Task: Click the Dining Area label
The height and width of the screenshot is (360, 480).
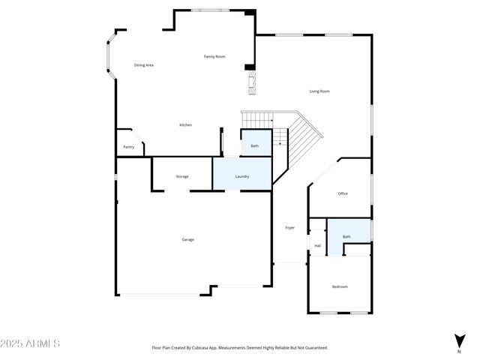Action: pyautogui.click(x=144, y=65)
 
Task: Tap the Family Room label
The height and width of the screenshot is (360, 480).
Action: pyautogui.click(x=215, y=57)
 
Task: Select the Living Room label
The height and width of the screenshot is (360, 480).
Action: pyautogui.click(x=319, y=91)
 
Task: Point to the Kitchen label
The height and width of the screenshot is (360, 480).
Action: pyautogui.click(x=185, y=124)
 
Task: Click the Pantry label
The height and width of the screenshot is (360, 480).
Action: pyautogui.click(x=129, y=147)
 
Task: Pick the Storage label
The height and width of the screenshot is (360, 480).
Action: pyautogui.click(x=182, y=176)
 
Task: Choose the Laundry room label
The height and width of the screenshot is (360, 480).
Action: pyautogui.click(x=242, y=176)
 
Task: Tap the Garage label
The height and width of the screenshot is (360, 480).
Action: pyautogui.click(x=187, y=239)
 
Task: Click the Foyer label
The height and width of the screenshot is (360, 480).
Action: pyautogui.click(x=289, y=227)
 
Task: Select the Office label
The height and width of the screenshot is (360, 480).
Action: pyautogui.click(x=343, y=193)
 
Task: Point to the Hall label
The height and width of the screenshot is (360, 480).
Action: pyautogui.click(x=317, y=245)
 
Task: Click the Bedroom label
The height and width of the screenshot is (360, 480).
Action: pyautogui.click(x=340, y=286)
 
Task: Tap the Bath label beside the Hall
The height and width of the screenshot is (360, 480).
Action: pyautogui.click(x=346, y=237)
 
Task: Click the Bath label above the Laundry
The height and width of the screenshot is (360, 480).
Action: pyautogui.click(x=254, y=145)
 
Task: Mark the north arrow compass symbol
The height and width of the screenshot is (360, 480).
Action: pyautogui.click(x=458, y=340)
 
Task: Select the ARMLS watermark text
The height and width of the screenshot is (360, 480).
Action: pyautogui.click(x=31, y=343)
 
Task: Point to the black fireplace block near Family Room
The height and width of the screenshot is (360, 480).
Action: pyautogui.click(x=250, y=67)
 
